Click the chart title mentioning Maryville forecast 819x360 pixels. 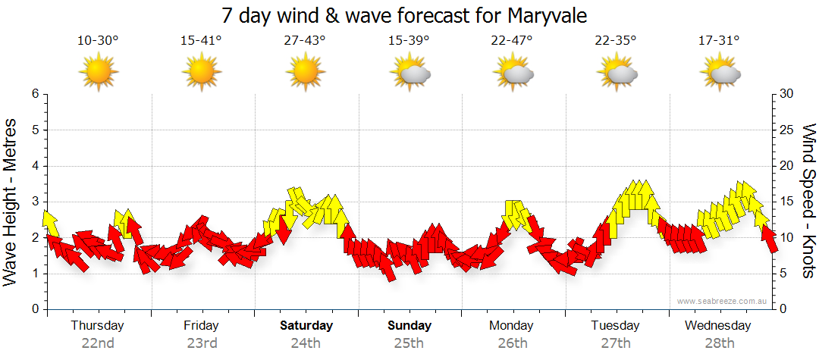pyautogui.click(x=404, y=15)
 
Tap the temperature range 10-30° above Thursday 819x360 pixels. pyautogui.click(x=98, y=41)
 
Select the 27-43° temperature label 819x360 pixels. pyautogui.click(x=305, y=41)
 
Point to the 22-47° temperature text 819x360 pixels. pyautogui.click(x=512, y=41)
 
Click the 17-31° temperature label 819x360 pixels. pyautogui.click(x=719, y=41)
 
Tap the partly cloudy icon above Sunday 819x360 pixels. pyautogui.click(x=409, y=73)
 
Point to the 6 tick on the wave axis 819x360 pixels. pyautogui.click(x=35, y=94)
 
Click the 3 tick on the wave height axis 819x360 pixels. pyautogui.click(x=35, y=202)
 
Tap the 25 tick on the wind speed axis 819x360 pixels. pyautogui.click(x=788, y=130)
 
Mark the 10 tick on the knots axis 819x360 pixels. pyautogui.click(x=788, y=237)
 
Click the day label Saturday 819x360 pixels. pyautogui.click(x=306, y=326)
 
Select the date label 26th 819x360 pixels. pyautogui.click(x=513, y=343)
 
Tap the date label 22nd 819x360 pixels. pyautogui.click(x=98, y=343)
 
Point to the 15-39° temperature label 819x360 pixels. pyautogui.click(x=408, y=41)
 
